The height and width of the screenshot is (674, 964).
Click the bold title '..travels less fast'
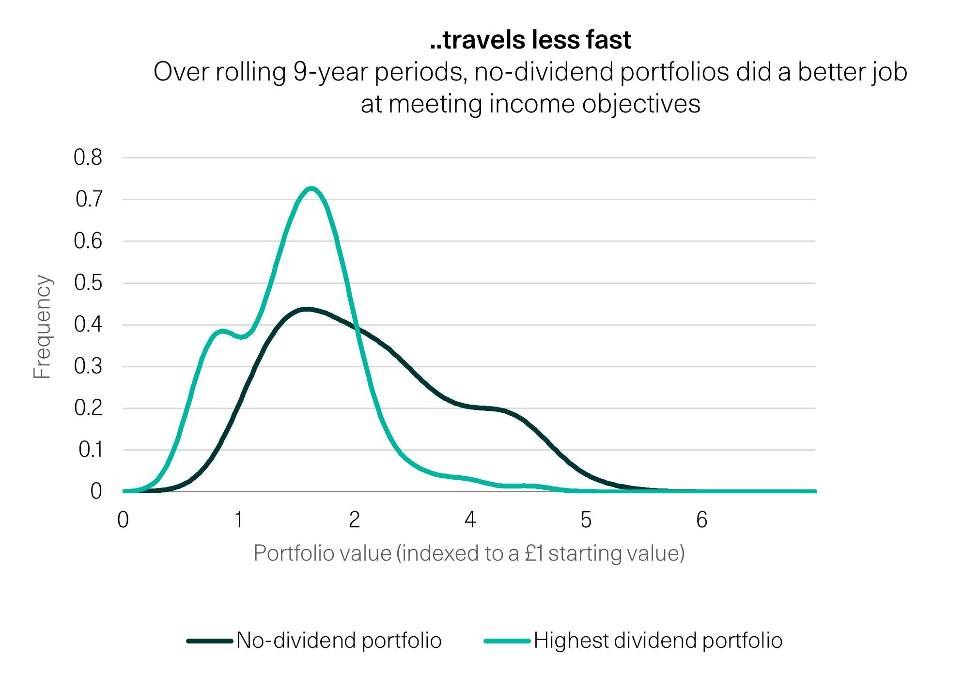coord(530,40)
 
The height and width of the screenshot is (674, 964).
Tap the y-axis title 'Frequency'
coord(42,327)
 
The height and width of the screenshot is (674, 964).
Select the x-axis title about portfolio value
coord(469,553)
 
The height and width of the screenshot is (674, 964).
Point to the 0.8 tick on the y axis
coord(88,157)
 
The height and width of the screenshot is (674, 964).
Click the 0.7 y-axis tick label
coord(89,199)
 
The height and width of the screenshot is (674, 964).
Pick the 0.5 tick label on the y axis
coord(88,282)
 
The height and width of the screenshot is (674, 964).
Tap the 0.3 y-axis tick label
coord(88,366)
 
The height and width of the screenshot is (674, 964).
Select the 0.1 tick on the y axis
coord(90,450)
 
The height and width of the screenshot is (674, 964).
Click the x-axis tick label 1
coord(238,520)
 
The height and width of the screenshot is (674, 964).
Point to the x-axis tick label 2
coord(354,520)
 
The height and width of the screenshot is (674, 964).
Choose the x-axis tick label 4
coord(470,520)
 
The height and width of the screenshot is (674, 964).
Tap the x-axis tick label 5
coord(586,520)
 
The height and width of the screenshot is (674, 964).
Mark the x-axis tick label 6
coord(701,520)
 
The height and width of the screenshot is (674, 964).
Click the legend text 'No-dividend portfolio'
coord(339,641)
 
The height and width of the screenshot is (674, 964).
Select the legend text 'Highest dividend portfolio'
coord(658,641)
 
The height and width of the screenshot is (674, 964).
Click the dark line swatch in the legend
coord(209,641)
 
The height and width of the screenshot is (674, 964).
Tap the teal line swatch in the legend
coord(507,641)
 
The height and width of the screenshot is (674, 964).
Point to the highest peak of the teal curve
coord(311,188)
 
